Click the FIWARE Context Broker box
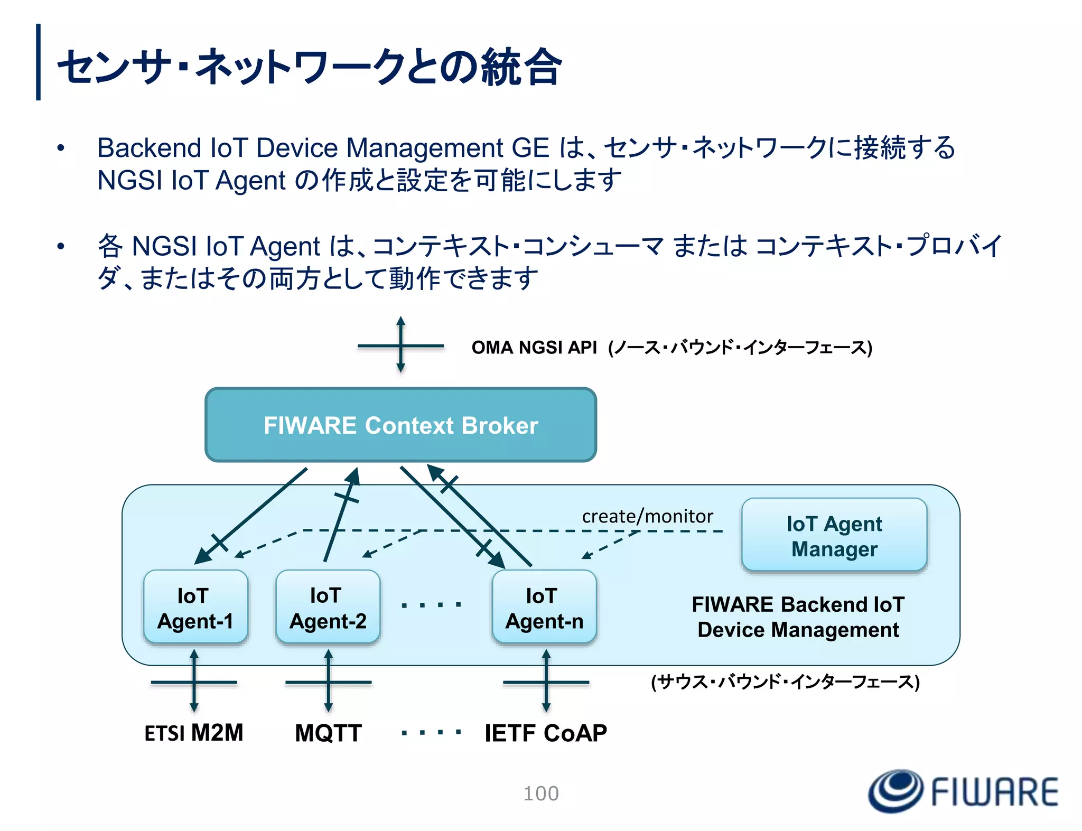[400, 425]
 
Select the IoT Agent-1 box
[195, 608]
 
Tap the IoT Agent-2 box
[328, 608]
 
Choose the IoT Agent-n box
[544, 608]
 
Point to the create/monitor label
[647, 516]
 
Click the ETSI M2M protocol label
[194, 733]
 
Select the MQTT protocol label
[328, 733]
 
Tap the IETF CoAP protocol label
[546, 733]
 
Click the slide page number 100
[541, 793]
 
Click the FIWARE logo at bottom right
[963, 791]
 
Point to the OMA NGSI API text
[534, 348]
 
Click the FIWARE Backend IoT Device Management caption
[798, 617]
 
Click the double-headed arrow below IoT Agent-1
[194, 681]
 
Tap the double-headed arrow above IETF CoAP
[546, 681]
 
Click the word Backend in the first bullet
[149, 148]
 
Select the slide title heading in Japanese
[309, 67]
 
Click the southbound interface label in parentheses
[785, 681]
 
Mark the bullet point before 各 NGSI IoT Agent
[61, 246]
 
